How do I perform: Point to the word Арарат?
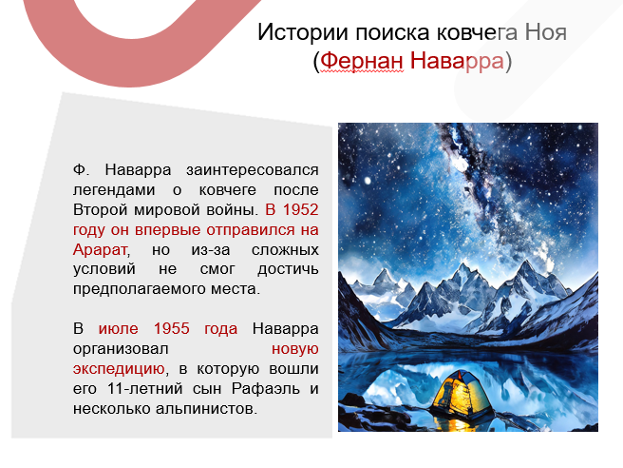98,249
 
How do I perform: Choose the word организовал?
119,349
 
